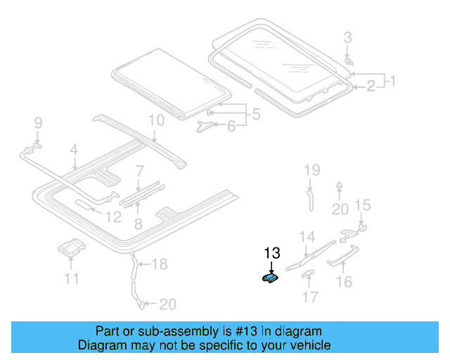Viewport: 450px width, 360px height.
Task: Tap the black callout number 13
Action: [x=271, y=252]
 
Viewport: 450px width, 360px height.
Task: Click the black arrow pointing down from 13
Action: [x=271, y=267]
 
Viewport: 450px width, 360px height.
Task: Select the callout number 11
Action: [x=71, y=279]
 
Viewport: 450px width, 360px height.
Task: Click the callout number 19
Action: [x=311, y=169]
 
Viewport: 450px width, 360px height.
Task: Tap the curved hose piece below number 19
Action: [x=309, y=198]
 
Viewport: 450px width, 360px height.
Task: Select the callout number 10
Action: [x=155, y=120]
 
